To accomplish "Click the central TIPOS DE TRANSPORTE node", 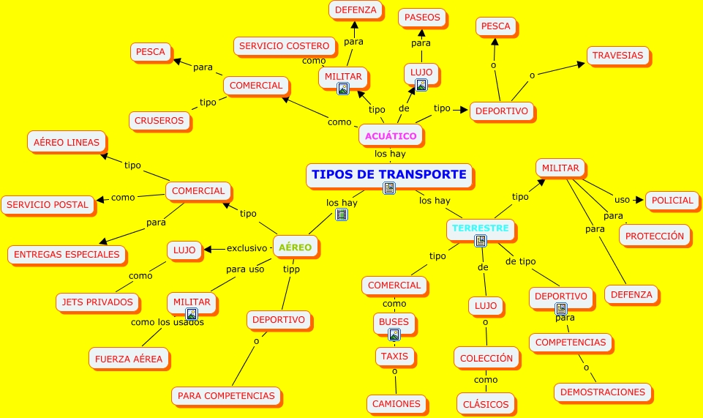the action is click(x=388, y=175).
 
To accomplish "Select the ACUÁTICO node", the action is click(x=391, y=135).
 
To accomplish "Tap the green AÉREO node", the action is click(x=295, y=247).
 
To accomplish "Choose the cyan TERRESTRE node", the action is click(x=480, y=228).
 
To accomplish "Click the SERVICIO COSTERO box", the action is click(x=284, y=46).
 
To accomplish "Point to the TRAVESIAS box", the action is click(x=617, y=56).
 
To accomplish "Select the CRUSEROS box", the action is click(x=160, y=121).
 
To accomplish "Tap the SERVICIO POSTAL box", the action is click(x=48, y=205).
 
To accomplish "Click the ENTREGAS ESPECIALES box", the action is click(x=67, y=255).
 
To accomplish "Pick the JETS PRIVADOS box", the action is click(x=98, y=302).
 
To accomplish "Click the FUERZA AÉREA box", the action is click(x=129, y=359).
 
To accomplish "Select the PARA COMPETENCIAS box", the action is click(x=226, y=396).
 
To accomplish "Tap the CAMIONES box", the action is click(x=396, y=403).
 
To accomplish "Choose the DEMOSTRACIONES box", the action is click(x=602, y=392).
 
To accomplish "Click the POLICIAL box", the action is click(x=672, y=201).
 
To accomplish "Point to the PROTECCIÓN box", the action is click(x=655, y=236).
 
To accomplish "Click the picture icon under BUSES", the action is click(x=394, y=335).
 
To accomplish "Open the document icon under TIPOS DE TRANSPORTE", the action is click(x=389, y=189).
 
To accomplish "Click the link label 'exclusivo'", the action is click(x=247, y=248).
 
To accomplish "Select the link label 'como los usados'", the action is click(x=167, y=322).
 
